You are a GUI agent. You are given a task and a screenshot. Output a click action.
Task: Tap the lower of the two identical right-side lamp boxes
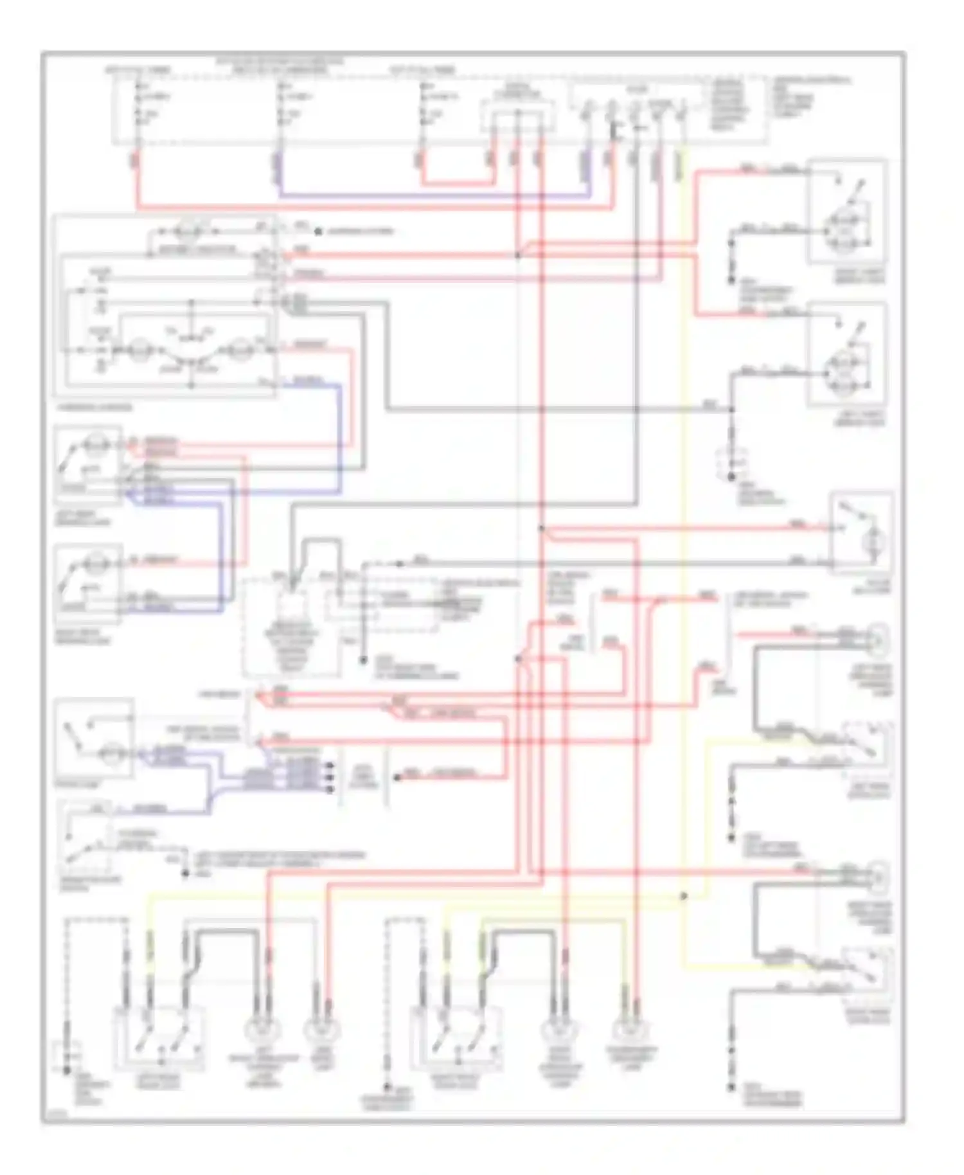coord(848,354)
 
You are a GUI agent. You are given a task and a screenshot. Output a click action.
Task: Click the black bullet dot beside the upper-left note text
coord(317,231)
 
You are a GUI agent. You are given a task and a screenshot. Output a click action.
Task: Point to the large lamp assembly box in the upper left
coord(166,305)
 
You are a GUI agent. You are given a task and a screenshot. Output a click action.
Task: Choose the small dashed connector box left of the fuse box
coord(517,116)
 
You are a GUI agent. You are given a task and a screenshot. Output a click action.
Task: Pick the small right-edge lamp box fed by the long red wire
coord(862,533)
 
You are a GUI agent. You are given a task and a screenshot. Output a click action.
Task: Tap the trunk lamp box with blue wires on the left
coord(94,739)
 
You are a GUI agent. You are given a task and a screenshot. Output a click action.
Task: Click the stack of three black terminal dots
coord(330,777)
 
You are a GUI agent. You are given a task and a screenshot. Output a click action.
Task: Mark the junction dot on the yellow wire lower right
coord(684,896)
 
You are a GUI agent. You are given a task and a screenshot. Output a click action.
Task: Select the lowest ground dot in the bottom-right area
coord(731,1088)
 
